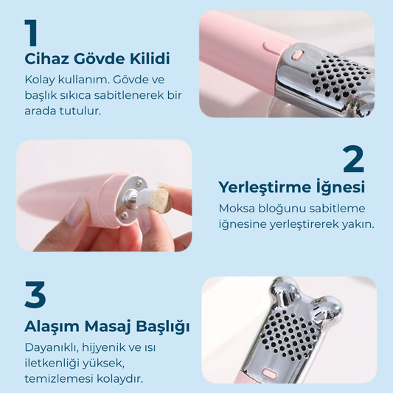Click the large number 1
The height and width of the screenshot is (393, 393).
tap(31, 33)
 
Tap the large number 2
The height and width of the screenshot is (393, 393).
tap(353, 159)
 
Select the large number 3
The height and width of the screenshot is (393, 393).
tap(35, 294)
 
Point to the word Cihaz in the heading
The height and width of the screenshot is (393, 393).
tap(46, 59)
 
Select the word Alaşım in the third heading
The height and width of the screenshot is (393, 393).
tap(52, 327)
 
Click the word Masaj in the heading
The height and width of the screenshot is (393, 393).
tap(108, 327)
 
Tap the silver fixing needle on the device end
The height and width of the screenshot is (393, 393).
tap(131, 197)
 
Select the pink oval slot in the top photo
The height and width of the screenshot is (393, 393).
tap(297, 55)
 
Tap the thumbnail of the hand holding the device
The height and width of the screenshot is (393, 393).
tap(104, 195)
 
